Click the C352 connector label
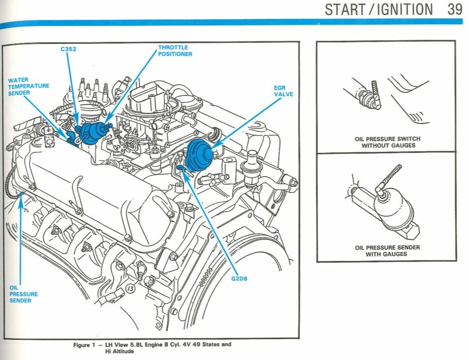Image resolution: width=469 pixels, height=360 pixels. tap(68, 49)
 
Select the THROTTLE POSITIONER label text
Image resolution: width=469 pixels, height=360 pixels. tap(175, 51)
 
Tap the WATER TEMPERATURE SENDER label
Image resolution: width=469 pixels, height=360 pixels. tap(29, 86)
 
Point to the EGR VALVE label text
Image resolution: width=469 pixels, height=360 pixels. tap(283, 91)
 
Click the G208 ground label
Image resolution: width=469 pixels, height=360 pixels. tap(239, 278)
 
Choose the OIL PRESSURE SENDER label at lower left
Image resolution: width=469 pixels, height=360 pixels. tap(23, 294)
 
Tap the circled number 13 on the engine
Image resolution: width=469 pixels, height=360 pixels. tap(131, 288)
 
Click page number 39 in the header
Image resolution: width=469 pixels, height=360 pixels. tap(455, 9)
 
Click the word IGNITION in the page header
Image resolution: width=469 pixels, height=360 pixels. tap(405, 9)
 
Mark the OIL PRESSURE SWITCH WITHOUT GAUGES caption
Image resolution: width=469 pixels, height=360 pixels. tap(388, 142)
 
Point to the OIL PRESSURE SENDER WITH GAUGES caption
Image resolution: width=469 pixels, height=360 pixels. tap(387, 251)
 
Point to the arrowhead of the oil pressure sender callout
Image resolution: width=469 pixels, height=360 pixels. tap(21, 203)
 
